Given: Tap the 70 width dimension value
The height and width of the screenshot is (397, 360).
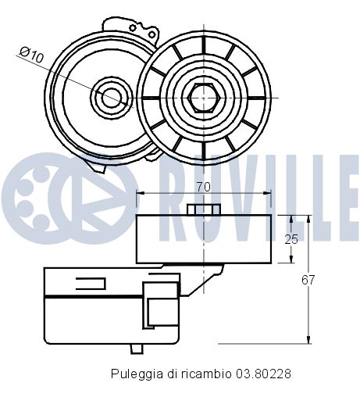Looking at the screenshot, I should (204, 188).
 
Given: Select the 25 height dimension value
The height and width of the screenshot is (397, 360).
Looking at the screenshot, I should (290, 239).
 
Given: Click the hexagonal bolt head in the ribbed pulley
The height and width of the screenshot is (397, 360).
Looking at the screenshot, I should (204, 96).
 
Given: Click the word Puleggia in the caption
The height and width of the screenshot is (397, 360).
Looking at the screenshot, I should (133, 374).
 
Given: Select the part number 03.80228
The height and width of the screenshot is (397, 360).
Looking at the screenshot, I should (264, 374).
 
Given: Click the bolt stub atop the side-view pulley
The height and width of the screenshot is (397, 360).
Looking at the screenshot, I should (204, 208).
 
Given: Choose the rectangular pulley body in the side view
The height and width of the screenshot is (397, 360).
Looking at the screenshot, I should (204, 238).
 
